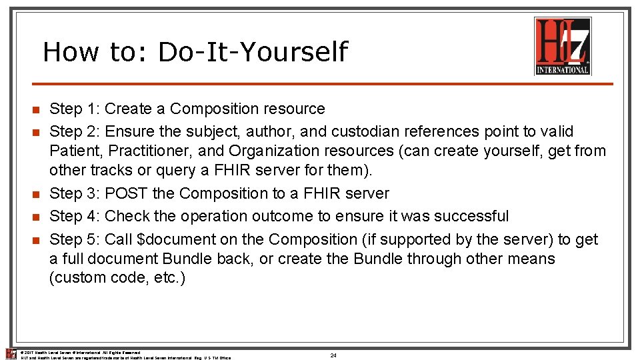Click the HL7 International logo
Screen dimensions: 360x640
point(563,46)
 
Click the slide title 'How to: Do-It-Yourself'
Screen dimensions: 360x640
point(195,52)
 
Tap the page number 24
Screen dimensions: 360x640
point(333,355)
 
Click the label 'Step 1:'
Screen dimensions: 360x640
point(75,109)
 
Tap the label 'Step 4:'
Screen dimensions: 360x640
point(75,216)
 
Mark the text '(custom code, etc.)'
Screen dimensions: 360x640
point(117,277)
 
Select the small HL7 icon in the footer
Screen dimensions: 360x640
point(10,354)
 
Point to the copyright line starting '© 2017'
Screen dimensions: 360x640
point(80,352)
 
